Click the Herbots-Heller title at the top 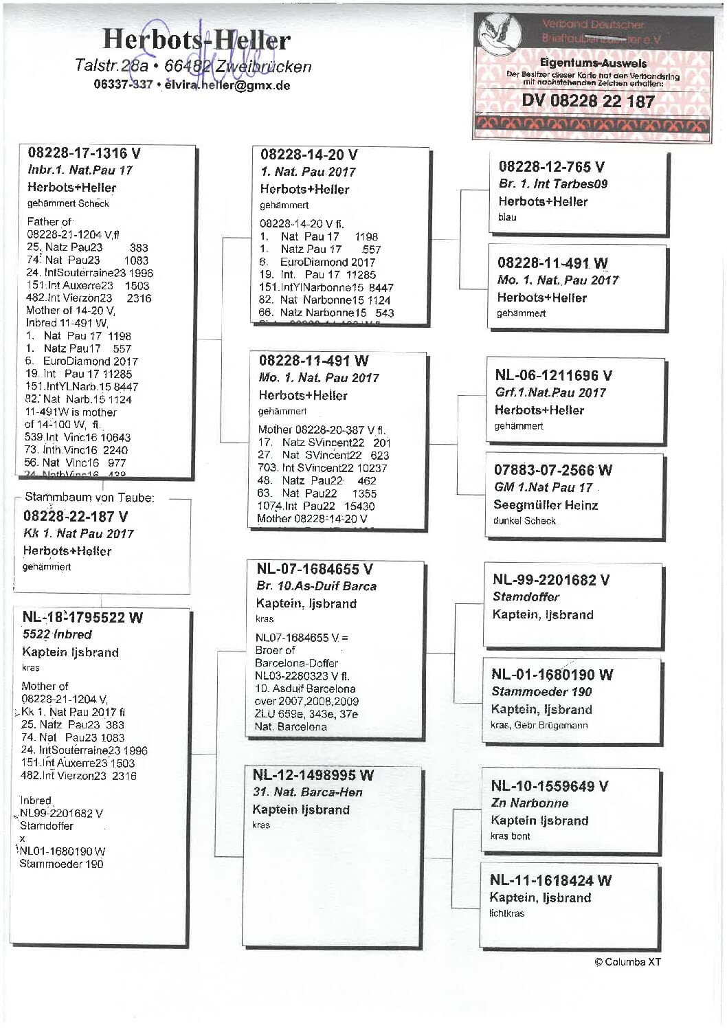(x=197, y=39)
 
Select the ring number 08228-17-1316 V (x=85, y=153)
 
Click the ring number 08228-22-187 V (x=76, y=516)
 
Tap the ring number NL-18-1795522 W (x=82, y=617)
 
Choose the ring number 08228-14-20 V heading (x=309, y=155)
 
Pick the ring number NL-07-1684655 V (x=314, y=569)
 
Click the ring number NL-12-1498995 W (x=313, y=775)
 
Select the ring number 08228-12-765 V (x=552, y=166)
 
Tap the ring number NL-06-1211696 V (x=553, y=375)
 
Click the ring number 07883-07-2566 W (x=552, y=470)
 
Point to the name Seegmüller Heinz (x=546, y=505)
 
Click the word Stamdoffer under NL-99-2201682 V (x=526, y=596)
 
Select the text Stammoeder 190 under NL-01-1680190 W (x=541, y=691)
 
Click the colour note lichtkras (x=506, y=913)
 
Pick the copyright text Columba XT (x=627, y=961)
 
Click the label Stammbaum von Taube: (x=89, y=497)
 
